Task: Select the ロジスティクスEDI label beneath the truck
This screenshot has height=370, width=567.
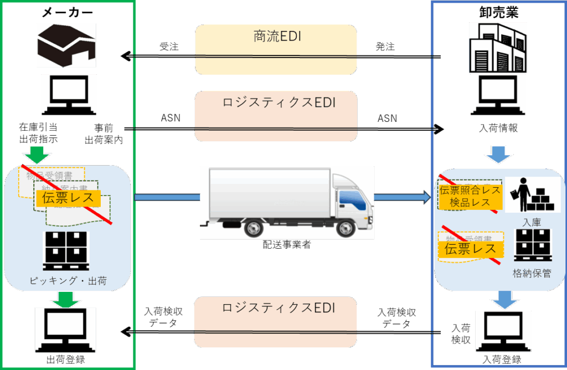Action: (x=279, y=308)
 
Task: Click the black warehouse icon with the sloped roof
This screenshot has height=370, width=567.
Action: (x=66, y=45)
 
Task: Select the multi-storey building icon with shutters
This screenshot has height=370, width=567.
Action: (x=497, y=47)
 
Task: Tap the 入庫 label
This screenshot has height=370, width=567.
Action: (x=531, y=223)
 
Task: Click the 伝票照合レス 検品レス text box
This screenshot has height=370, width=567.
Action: (x=470, y=197)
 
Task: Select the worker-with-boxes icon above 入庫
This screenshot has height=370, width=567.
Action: (x=531, y=195)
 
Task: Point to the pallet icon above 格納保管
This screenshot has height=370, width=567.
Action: (x=532, y=245)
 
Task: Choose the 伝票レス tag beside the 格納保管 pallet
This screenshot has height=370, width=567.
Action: (x=471, y=249)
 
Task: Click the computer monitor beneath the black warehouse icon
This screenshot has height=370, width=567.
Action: (x=69, y=95)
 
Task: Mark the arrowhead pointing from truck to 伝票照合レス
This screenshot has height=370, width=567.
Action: (x=426, y=197)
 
